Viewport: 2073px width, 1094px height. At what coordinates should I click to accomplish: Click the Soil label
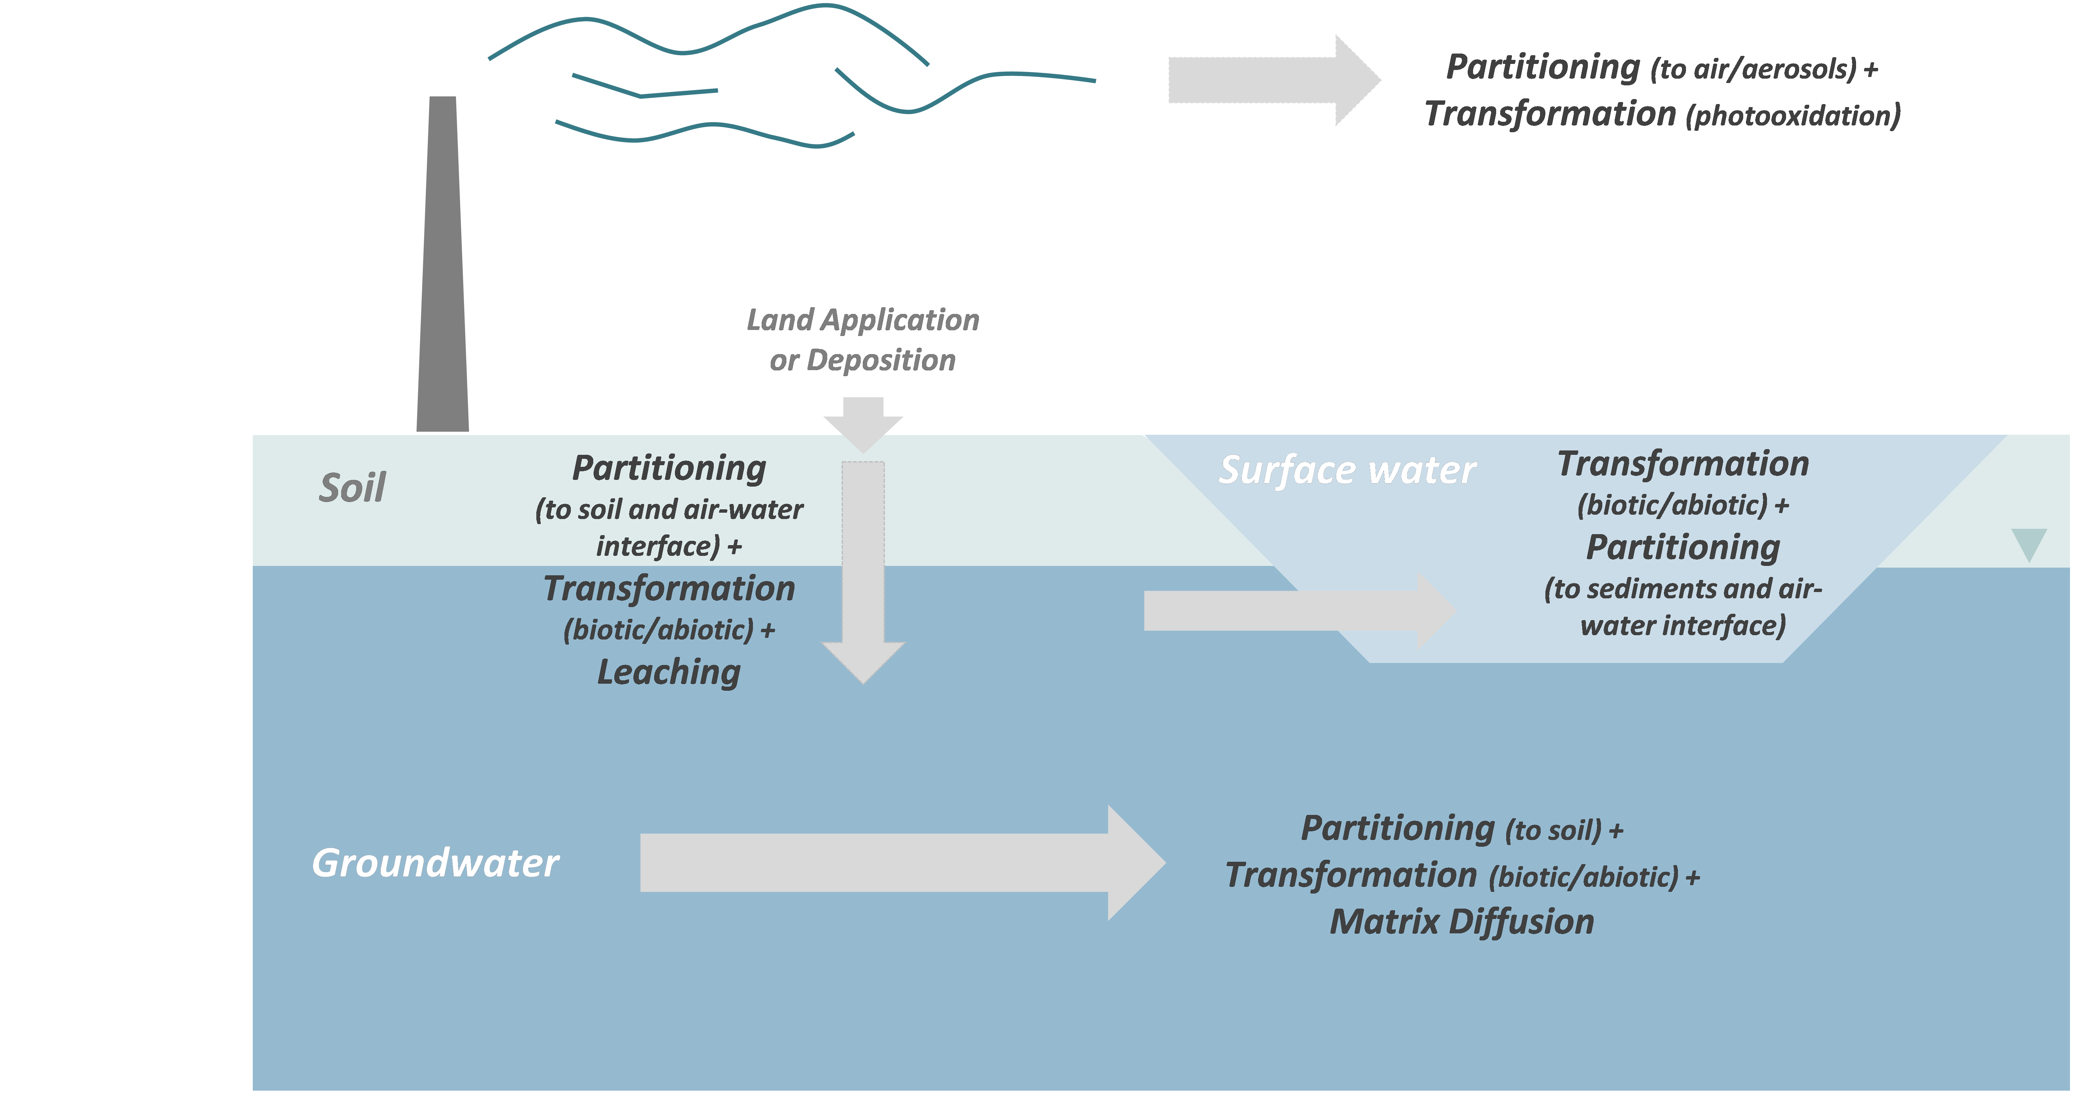coord(353,488)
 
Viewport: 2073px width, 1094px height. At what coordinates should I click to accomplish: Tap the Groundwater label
coord(435,863)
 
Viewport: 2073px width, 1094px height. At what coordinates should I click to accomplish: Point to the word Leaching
coord(669,672)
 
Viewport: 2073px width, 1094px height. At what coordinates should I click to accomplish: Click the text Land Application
coord(863,320)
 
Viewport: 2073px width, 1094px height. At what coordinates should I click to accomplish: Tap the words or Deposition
coord(863,360)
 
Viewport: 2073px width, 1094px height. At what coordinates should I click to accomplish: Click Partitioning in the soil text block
coord(669,468)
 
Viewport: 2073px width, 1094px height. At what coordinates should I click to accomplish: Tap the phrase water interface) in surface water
coord(1683,626)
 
